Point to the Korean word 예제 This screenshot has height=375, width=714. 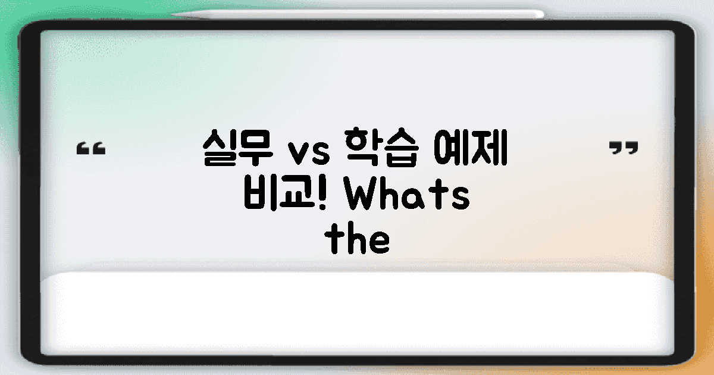[471, 151]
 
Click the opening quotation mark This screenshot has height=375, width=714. [92, 149]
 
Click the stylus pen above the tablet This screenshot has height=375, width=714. [357, 14]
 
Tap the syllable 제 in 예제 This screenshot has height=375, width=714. [490, 151]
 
